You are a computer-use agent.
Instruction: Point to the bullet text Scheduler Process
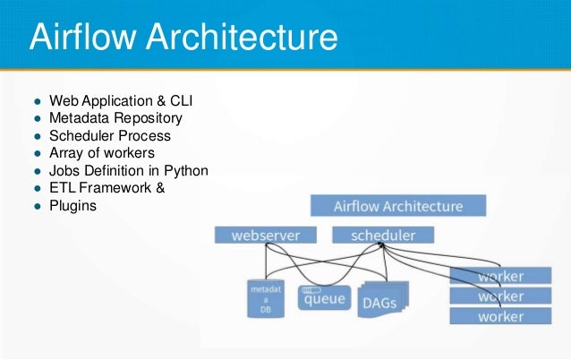pyautogui.click(x=109, y=136)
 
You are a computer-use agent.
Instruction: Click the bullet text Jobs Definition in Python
pyautogui.click(x=129, y=170)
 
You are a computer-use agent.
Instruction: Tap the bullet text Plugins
pyautogui.click(x=72, y=204)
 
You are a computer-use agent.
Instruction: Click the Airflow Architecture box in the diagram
pyautogui.click(x=398, y=206)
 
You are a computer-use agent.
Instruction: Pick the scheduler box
pyautogui.click(x=383, y=236)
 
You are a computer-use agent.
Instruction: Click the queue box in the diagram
pyautogui.click(x=324, y=297)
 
